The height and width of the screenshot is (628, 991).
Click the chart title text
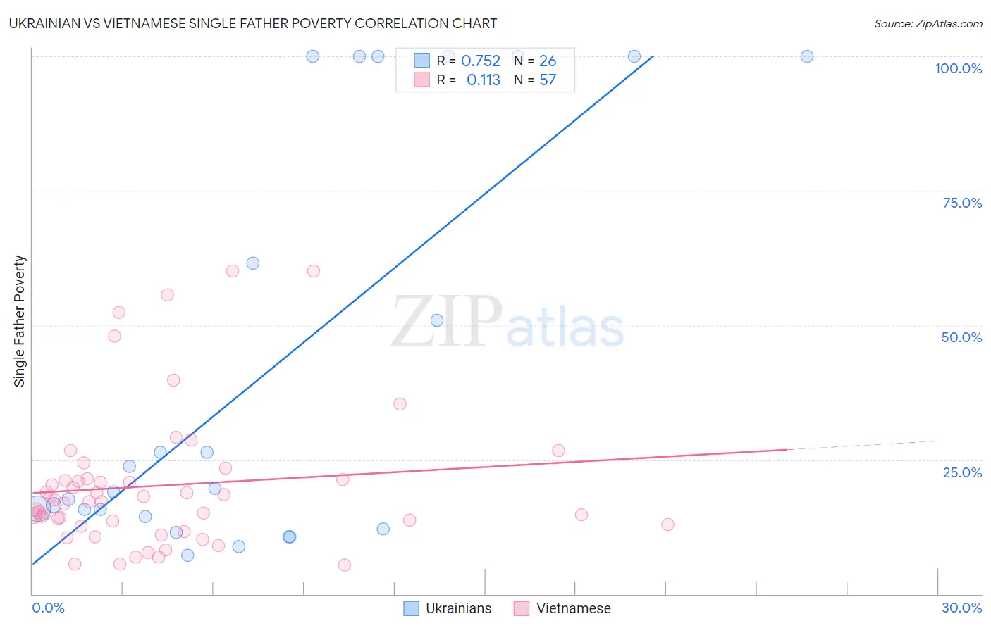(253, 23)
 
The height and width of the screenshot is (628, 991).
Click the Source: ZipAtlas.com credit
(928, 23)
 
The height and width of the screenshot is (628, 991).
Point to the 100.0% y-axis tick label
(958, 68)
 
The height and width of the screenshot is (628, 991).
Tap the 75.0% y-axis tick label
(962, 203)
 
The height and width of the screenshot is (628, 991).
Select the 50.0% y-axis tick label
(961, 337)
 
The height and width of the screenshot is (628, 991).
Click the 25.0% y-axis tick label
(962, 472)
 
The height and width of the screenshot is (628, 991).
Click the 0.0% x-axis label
(48, 608)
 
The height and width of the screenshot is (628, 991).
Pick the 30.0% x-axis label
(961, 608)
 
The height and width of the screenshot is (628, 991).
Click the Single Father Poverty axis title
(20, 321)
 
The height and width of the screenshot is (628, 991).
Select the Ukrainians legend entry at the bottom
(448, 608)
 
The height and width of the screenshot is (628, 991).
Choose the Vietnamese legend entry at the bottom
(562, 608)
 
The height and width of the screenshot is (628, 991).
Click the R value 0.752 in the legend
(480, 61)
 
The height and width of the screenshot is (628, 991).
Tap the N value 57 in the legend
(548, 80)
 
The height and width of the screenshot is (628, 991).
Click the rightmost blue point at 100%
(807, 56)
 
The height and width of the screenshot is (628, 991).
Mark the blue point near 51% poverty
(437, 320)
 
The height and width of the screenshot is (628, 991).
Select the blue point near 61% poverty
(253, 263)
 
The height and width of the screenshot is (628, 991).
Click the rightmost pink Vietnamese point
(667, 525)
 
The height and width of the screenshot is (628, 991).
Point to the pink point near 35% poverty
(400, 404)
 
